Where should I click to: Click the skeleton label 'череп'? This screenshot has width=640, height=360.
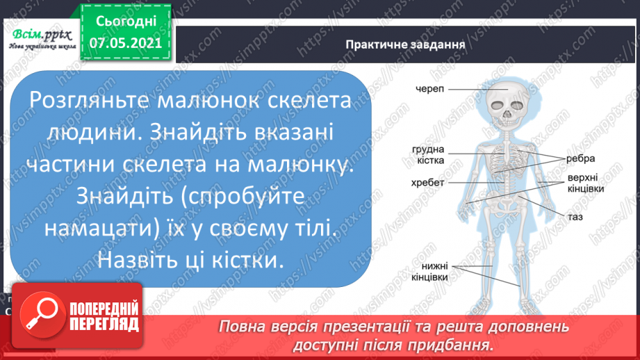pos(431,89)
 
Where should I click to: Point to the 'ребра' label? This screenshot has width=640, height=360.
pos(579,158)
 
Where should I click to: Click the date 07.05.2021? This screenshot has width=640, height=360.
pos(126,42)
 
